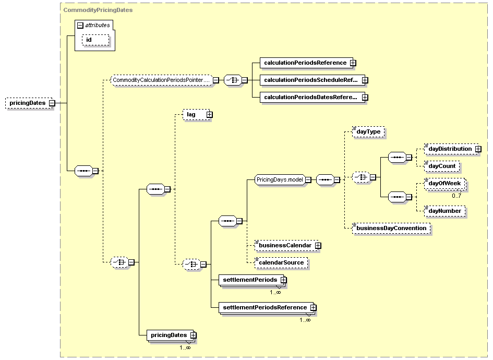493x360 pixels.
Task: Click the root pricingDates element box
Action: [x=29, y=103]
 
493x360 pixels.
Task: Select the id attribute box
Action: [x=95, y=40]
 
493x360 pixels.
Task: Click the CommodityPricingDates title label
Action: [x=98, y=10]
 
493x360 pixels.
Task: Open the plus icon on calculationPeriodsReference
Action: [x=353, y=63]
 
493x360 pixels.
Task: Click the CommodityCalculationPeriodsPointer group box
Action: [x=162, y=80]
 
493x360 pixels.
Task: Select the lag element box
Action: [x=196, y=114]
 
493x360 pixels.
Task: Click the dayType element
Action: [x=368, y=131]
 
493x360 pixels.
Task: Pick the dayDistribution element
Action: [x=451, y=149]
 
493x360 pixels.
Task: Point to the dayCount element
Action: [x=442, y=166]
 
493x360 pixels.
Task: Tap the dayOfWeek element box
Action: [x=444, y=184]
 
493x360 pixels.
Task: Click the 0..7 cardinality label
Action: [x=456, y=196]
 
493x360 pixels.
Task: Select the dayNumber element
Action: [x=444, y=211]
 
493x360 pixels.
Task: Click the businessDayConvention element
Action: [x=391, y=229]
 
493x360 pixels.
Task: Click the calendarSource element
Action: [x=281, y=263]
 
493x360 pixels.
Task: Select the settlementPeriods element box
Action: [x=251, y=280]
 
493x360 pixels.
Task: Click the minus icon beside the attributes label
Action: [x=80, y=26]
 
